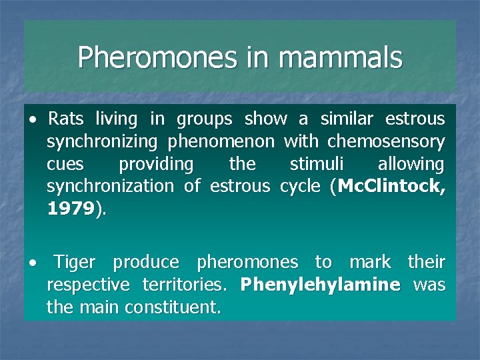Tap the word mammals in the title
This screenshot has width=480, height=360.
341,58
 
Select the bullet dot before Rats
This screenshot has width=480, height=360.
32,121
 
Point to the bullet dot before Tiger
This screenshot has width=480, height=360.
32,263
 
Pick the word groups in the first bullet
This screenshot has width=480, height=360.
204,119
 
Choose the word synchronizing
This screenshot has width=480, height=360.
102,142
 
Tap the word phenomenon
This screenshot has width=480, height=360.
221,142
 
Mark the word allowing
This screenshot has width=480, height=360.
411,164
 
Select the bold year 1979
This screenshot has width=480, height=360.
71,209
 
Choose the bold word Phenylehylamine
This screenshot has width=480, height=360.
320,285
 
